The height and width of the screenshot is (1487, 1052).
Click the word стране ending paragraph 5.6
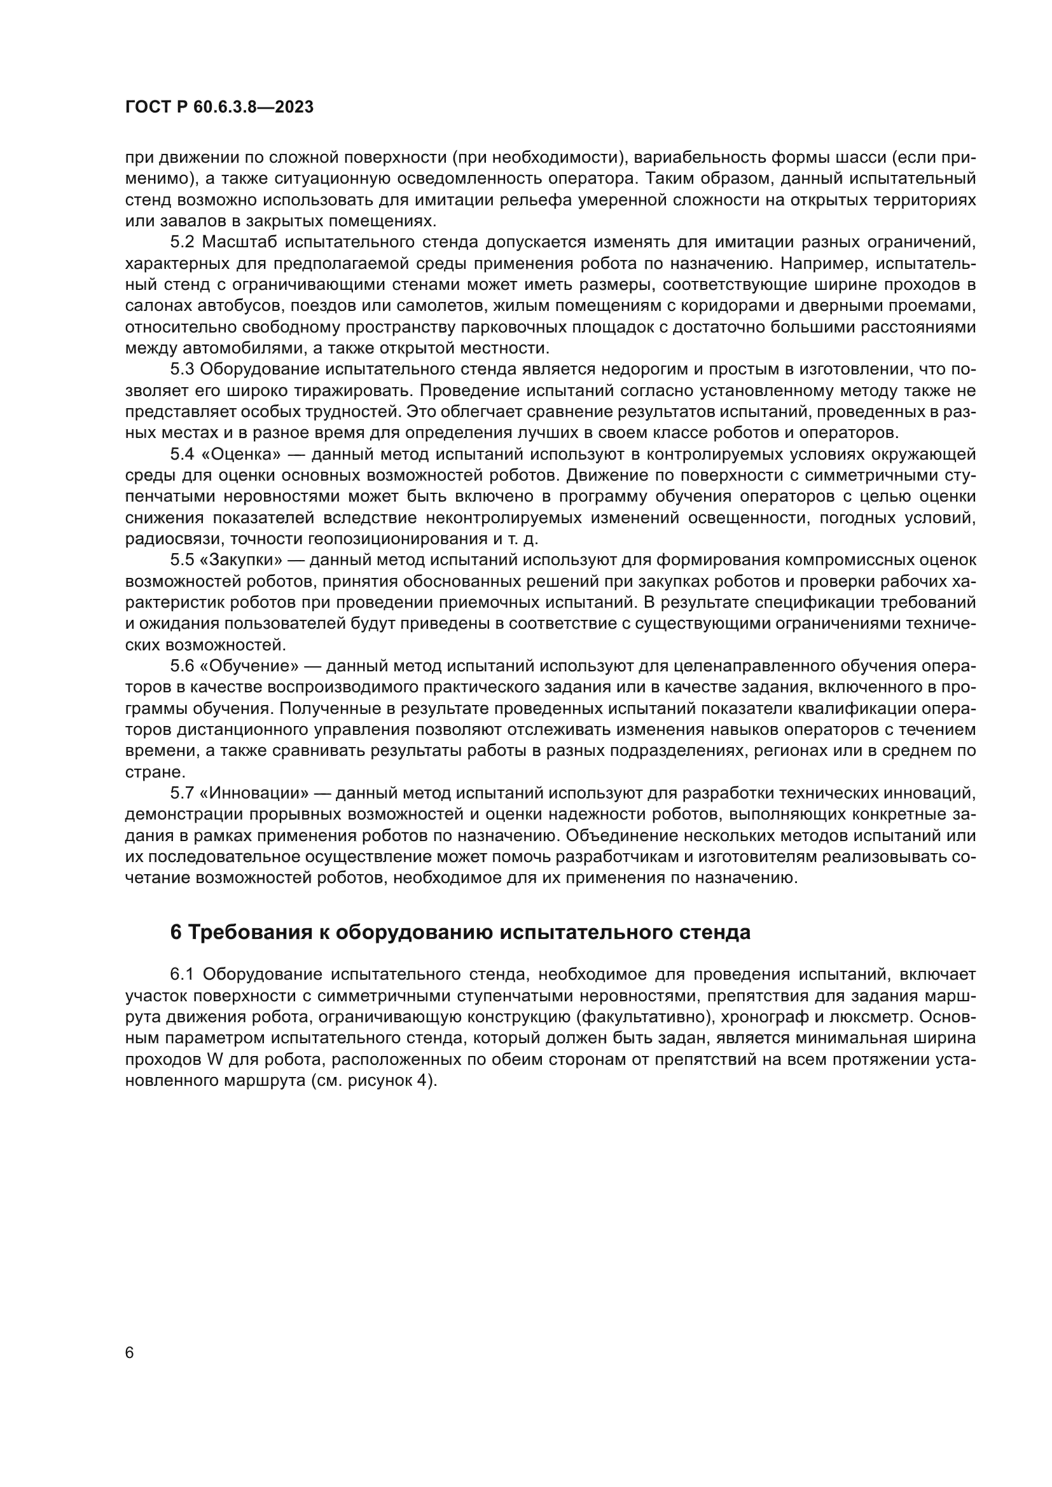point(152,772)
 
